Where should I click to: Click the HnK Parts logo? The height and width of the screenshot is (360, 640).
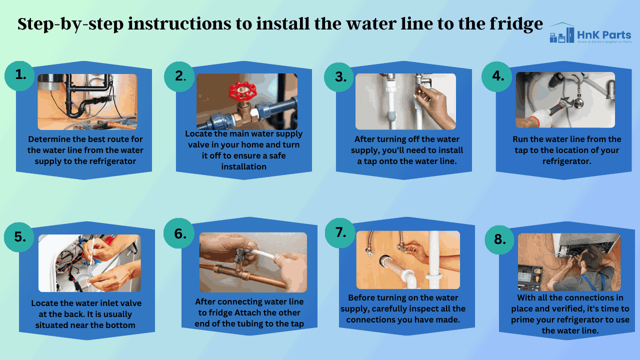(590, 33)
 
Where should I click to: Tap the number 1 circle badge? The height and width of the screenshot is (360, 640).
(19, 75)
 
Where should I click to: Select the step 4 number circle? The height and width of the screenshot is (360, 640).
(497, 76)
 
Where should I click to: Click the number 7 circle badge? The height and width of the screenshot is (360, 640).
(340, 233)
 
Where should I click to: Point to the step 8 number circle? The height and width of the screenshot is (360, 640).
(499, 239)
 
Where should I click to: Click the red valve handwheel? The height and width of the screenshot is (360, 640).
(242, 91)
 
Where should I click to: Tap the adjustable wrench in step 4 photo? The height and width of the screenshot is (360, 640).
(557, 106)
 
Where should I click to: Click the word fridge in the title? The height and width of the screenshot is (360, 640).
(516, 24)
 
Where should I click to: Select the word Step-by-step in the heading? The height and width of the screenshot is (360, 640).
(70, 24)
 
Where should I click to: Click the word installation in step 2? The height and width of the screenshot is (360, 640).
(243, 166)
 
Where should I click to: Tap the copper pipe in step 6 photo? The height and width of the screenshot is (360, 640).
(243, 274)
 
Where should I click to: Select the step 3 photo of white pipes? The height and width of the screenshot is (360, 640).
(405, 101)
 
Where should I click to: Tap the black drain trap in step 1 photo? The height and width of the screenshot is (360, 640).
(75, 103)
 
